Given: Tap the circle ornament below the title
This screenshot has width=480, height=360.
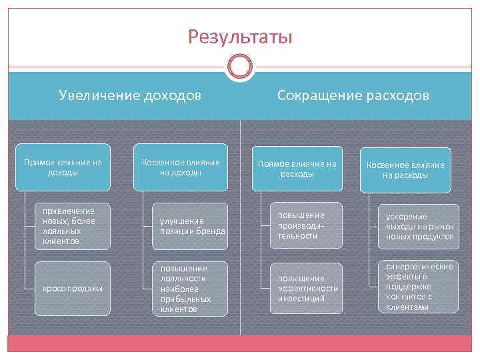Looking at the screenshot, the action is tap(240, 66).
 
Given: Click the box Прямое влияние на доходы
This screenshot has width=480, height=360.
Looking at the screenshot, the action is tap(63, 167).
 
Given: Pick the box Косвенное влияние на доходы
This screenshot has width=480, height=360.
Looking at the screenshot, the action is tap(181, 167).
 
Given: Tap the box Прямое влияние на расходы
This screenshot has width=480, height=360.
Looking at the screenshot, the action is tap(297, 169).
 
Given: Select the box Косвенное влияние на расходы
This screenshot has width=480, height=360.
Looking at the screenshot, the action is tap(405, 170).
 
